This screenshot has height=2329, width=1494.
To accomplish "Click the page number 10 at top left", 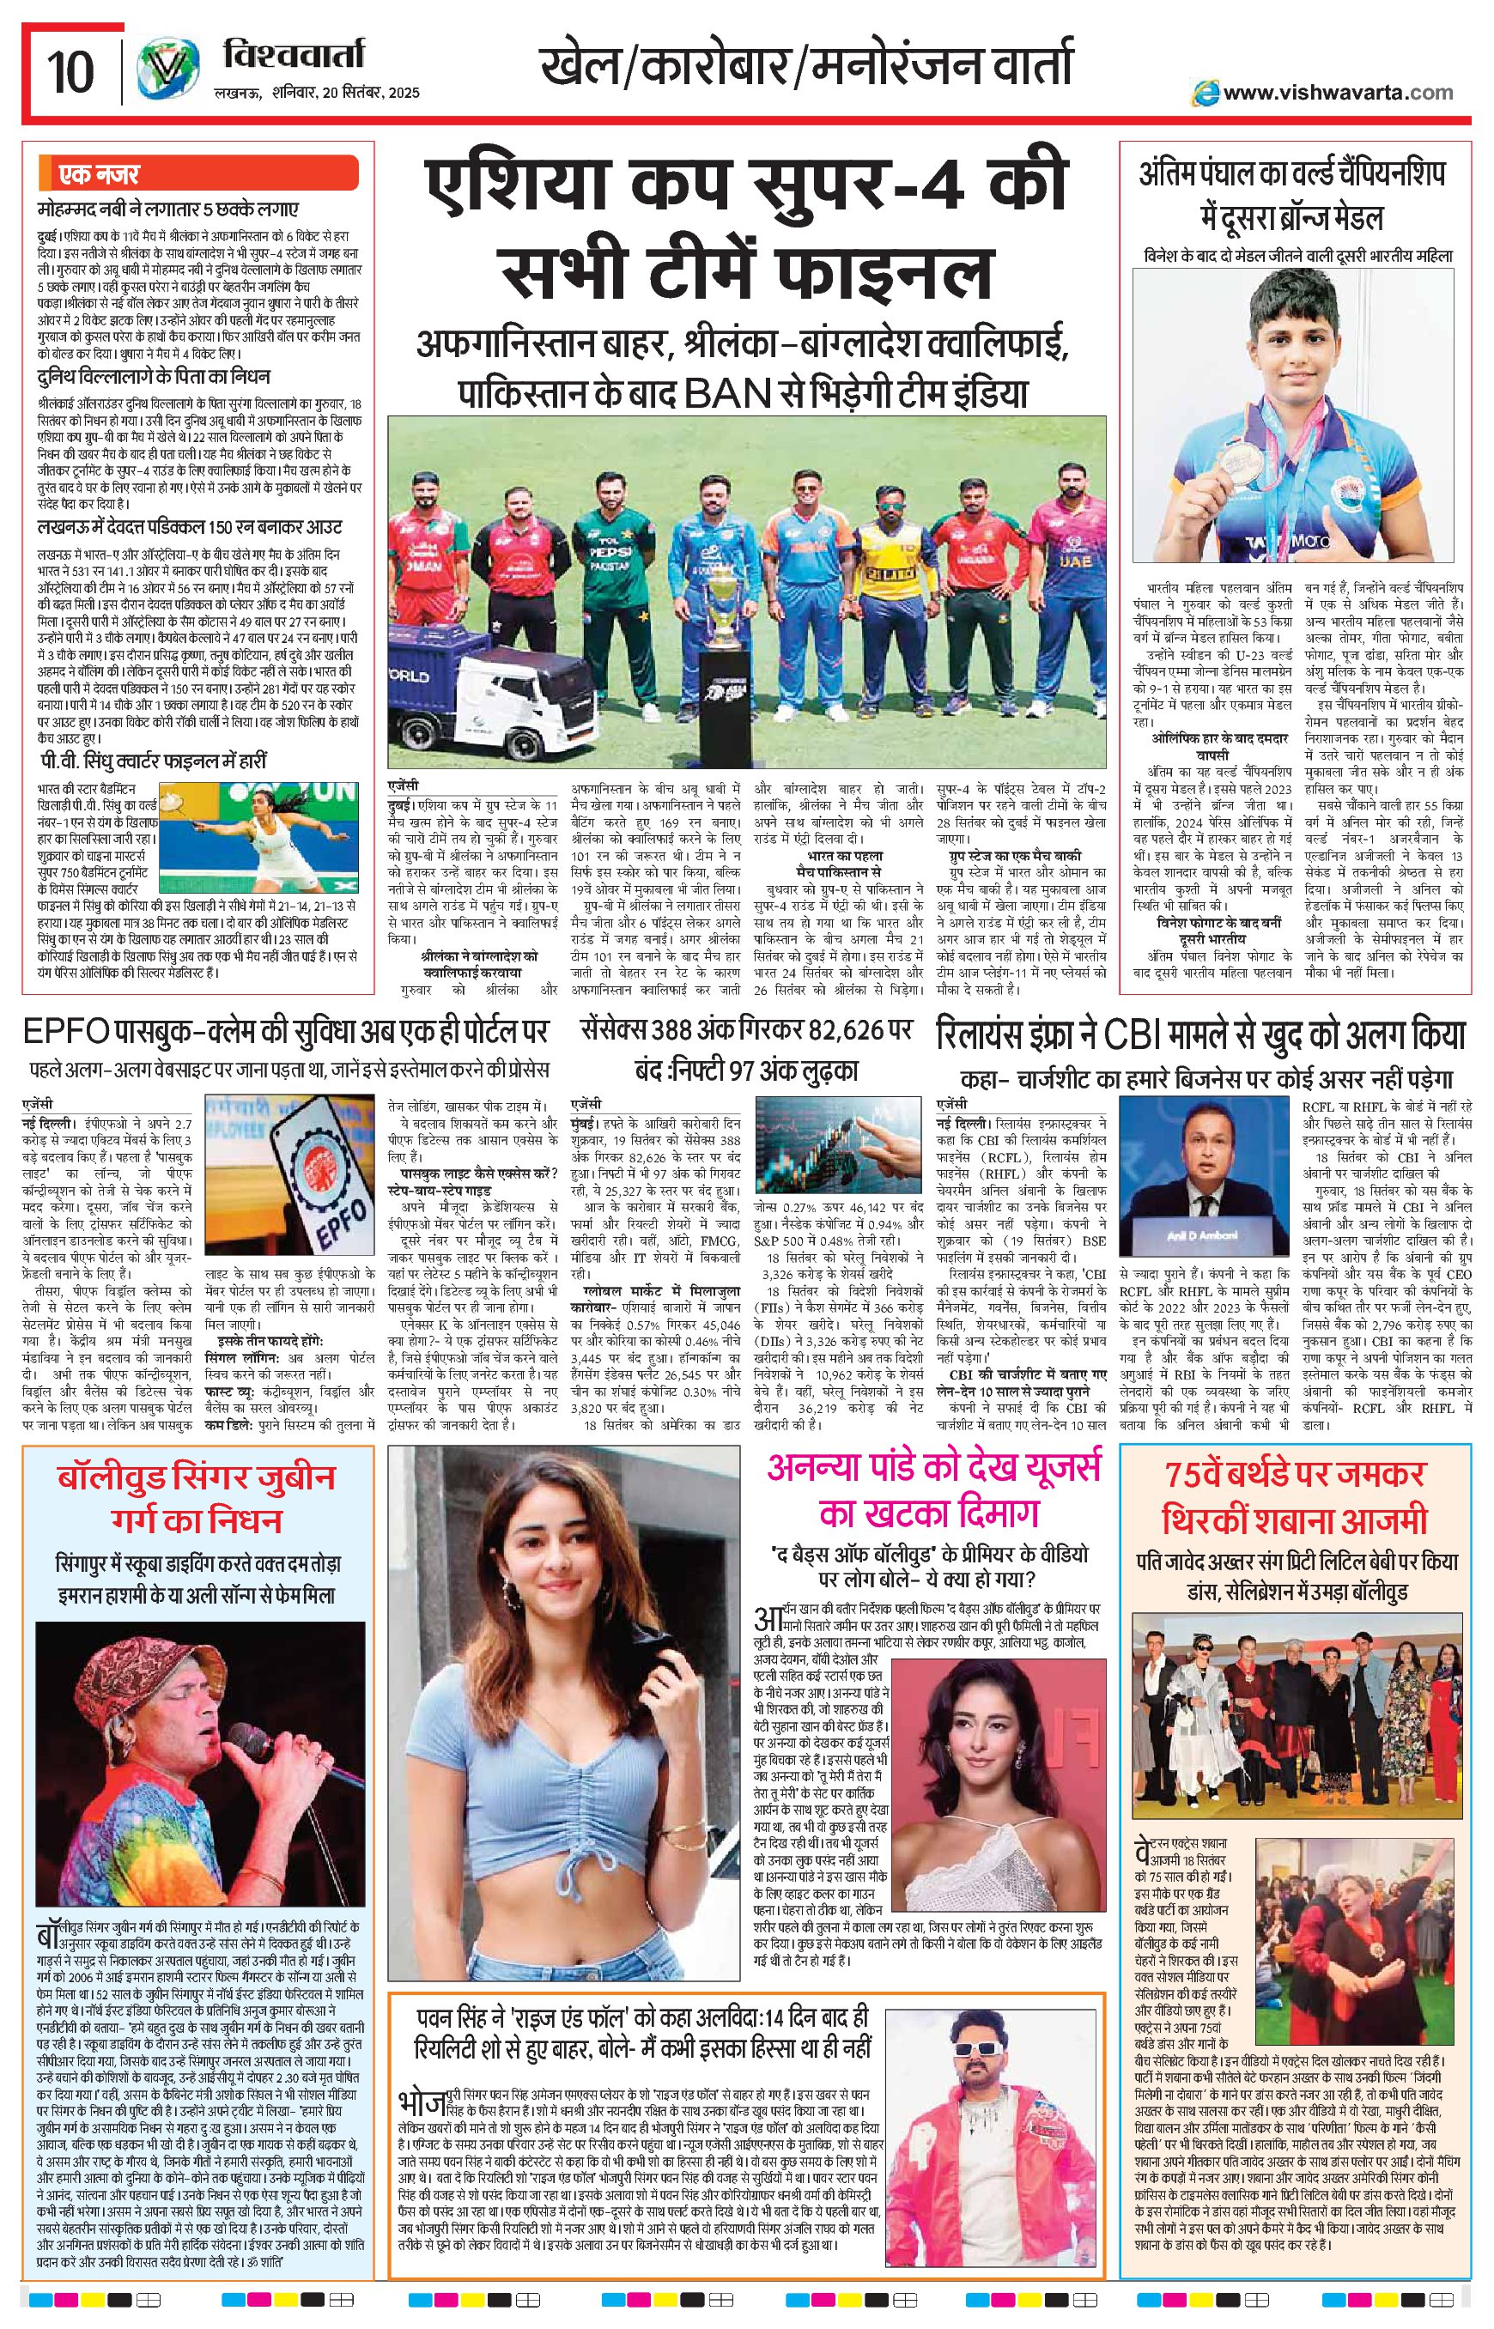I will (x=70, y=73).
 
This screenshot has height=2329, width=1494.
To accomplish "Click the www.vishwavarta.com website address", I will (x=1337, y=93).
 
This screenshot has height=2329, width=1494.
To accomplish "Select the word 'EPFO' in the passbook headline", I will (x=65, y=1032).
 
